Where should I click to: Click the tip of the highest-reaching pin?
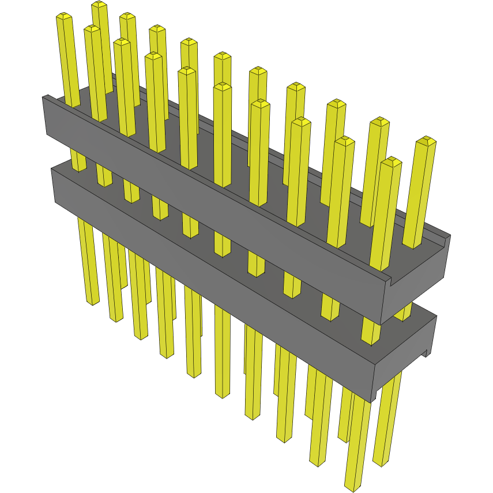(x=99, y=5)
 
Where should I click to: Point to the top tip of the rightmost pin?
(x=427, y=141)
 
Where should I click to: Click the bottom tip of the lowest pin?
(x=352, y=488)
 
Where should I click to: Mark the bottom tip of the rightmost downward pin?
(x=381, y=462)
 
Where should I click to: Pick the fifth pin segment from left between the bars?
(x=190, y=225)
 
